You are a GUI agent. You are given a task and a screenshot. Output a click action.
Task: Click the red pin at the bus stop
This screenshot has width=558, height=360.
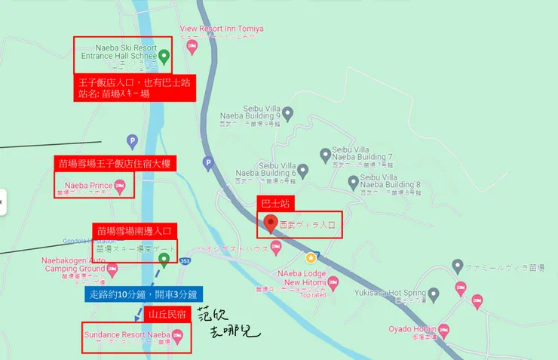pyautogui.click(x=271, y=223)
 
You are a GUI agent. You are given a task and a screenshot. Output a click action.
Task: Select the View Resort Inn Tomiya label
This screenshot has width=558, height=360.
pyautogui.click(x=222, y=29)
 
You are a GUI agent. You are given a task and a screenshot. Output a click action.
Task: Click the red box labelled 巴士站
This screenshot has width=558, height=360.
pyautogui.click(x=275, y=203)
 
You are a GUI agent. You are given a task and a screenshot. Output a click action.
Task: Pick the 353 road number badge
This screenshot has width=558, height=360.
pyautogui.click(x=186, y=261)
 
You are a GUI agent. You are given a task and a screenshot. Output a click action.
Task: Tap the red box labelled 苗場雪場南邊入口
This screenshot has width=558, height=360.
pyautogui.click(x=134, y=230)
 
